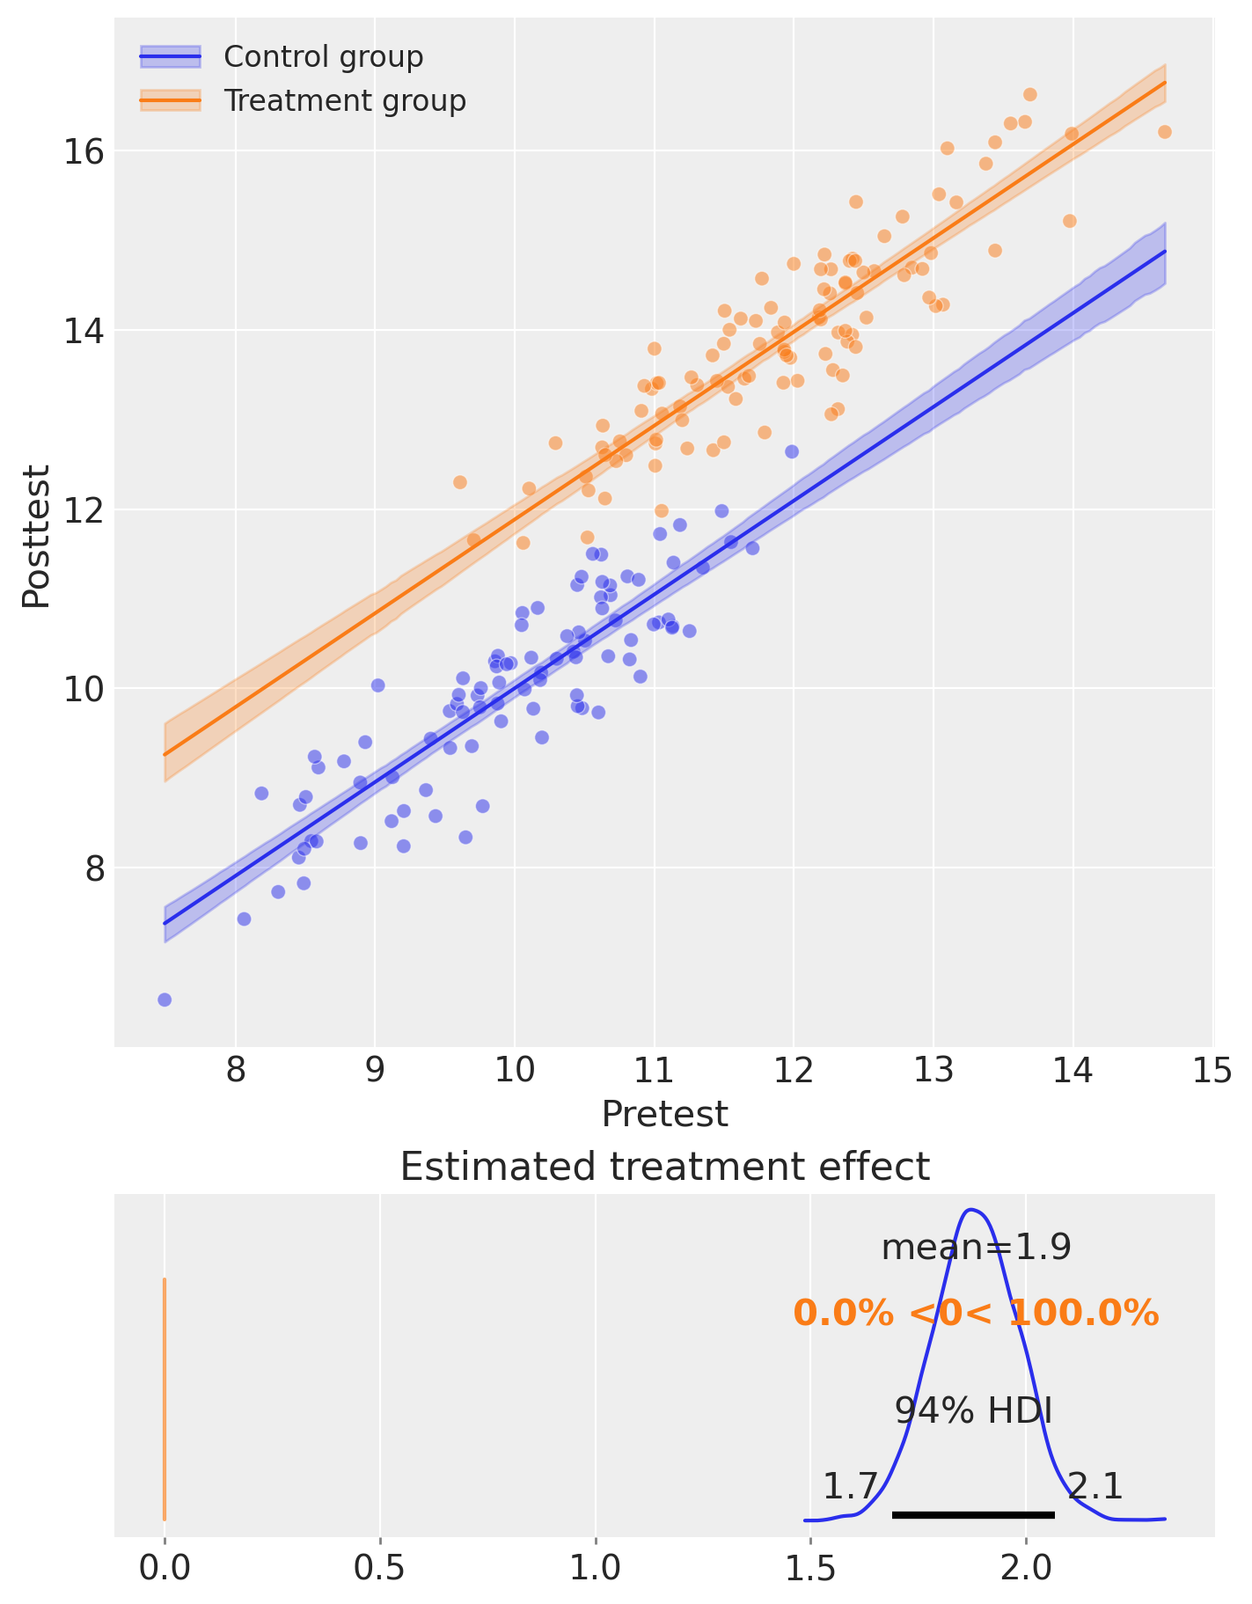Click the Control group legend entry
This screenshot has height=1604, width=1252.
coord(323,57)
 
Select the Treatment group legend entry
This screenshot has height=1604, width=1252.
coord(344,101)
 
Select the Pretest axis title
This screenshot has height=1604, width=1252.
coord(664,1115)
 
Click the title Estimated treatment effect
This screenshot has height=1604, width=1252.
coord(664,1168)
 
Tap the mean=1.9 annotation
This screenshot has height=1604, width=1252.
coord(976,1247)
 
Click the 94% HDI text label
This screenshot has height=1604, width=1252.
coord(973,1411)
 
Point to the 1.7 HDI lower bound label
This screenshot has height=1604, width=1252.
coord(850,1487)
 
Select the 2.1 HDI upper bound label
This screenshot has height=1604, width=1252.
coord(1095,1487)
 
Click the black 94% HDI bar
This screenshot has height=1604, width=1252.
coord(973,1514)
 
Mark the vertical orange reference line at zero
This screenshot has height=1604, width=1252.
coord(165,1399)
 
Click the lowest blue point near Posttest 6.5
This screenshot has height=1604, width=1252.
coord(165,1000)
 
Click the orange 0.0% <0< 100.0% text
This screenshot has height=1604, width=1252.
coord(976,1315)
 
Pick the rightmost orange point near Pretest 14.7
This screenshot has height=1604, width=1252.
coord(1164,132)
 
